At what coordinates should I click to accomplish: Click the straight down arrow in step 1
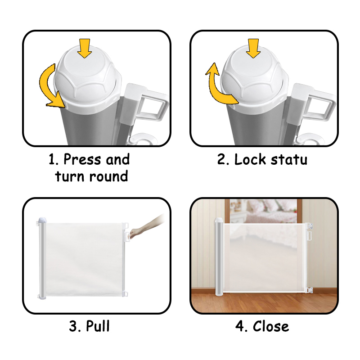pos(85,49)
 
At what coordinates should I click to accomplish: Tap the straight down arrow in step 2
pos(253,49)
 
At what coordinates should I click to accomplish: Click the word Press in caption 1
pos(82,159)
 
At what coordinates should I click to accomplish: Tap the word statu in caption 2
pos(289,160)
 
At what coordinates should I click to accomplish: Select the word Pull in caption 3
pos(98,326)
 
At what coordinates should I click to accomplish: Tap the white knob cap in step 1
pos(87,78)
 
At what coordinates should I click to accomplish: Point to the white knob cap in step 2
pos(254,78)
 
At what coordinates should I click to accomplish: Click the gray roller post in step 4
pos(219,256)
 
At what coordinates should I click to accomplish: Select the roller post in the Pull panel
pos(42,258)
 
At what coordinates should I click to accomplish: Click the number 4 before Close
pos(241,326)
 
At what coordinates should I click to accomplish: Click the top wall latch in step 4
pos(309,226)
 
